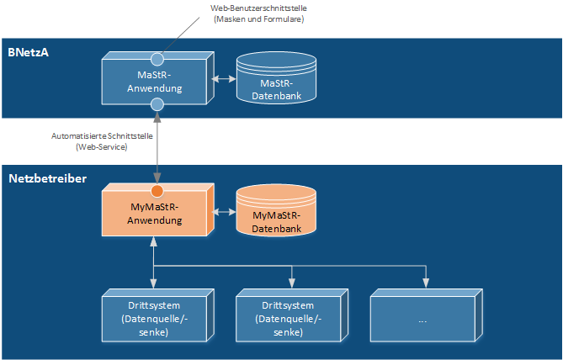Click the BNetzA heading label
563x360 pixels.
click(x=28, y=52)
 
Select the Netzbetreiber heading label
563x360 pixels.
click(x=48, y=178)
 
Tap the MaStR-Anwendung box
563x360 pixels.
click(x=158, y=78)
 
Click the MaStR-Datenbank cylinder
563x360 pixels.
click(x=276, y=78)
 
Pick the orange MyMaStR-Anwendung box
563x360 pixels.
click(x=158, y=210)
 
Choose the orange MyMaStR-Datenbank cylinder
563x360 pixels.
click(x=276, y=210)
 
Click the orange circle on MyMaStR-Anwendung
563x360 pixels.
click(x=157, y=191)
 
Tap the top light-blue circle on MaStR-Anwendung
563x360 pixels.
click(x=157, y=59)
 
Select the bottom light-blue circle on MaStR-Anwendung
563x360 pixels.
click(x=157, y=104)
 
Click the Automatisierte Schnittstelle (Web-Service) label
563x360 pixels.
click(x=102, y=141)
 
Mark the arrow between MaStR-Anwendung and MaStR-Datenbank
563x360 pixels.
click(x=224, y=78)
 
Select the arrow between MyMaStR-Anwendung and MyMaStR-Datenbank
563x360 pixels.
click(x=224, y=212)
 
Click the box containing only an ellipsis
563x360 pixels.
click(x=427, y=315)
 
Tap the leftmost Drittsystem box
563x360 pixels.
click(x=158, y=315)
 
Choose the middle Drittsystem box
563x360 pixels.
click(x=292, y=315)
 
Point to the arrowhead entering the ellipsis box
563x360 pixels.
click(x=426, y=283)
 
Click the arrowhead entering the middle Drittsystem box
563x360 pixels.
click(x=292, y=283)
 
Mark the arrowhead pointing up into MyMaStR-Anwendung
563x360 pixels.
click(x=154, y=241)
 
